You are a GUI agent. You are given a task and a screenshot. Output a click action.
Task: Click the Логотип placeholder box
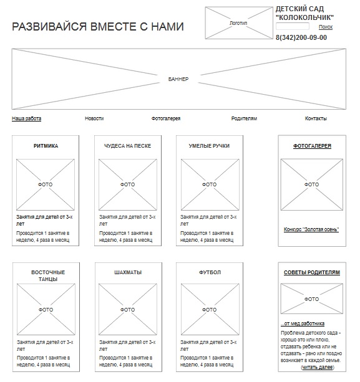coord(238,23)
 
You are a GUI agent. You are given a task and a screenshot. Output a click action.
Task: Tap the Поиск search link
coord(326,27)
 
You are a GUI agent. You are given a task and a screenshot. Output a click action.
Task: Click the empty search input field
coord(293,26)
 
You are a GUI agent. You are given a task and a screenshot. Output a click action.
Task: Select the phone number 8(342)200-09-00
coord(301,37)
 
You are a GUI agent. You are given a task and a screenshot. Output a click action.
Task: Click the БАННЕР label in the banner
coord(178,79)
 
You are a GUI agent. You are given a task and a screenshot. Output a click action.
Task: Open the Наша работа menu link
coord(26,118)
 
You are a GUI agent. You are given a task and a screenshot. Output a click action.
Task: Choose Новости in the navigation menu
coord(94,118)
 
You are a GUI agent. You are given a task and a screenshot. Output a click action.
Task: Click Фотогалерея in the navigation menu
coord(166,118)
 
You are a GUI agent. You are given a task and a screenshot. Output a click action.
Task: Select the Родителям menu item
coord(244,118)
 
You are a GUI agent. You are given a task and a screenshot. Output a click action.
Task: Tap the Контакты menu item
coord(316,118)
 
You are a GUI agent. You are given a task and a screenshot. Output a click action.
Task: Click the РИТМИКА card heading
coord(46,146)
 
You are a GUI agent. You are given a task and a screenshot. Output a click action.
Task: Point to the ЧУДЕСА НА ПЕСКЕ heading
coord(127,146)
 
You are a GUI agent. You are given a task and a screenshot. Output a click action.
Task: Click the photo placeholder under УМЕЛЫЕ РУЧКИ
coord(210,184)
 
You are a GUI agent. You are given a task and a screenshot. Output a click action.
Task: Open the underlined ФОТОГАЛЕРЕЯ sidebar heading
coord(312,146)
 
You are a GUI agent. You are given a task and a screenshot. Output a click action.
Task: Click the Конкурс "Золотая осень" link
coord(311,229)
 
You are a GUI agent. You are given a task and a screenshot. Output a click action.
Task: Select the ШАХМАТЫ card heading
coord(128,272)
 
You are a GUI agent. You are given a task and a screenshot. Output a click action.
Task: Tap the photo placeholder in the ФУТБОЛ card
coord(210,309)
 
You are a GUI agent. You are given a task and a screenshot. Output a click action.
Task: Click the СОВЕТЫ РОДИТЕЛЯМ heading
coord(312,272)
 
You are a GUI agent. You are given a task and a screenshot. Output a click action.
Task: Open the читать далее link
coord(318,367)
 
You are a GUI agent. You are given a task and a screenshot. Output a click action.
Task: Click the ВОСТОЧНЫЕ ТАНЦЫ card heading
coord(48,275)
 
